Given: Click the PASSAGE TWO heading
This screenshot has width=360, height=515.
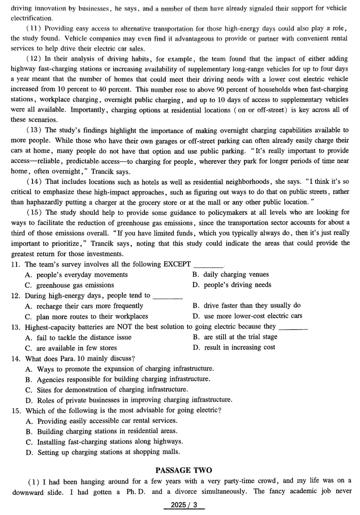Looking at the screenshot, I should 183,470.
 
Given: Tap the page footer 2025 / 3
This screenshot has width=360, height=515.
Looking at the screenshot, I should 184,505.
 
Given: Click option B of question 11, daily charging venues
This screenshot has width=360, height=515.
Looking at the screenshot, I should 230,275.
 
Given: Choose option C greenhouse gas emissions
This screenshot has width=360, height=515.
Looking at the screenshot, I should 69,285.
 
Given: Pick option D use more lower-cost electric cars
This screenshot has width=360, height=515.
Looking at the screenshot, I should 247,316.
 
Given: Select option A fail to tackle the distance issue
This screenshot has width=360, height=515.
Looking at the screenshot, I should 78,338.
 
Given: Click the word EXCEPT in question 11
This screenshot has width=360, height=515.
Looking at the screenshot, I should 177,264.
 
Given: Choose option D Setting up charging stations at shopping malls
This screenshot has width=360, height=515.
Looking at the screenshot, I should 103,452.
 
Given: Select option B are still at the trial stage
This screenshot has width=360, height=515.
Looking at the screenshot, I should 235,337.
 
